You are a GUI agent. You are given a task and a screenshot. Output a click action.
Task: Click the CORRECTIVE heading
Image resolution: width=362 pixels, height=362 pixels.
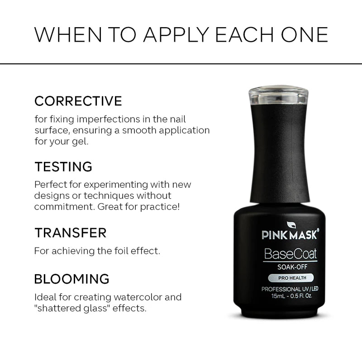pos(78,100)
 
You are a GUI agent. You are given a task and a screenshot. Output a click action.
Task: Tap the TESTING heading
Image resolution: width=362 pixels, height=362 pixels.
pos(63,167)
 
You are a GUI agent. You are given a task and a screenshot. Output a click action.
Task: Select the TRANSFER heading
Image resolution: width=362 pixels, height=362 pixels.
pos(71,233)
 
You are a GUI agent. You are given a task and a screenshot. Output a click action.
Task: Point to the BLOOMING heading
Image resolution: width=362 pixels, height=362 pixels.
pos(72,278)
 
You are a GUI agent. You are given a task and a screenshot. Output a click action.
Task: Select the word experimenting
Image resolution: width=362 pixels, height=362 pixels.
pos(114,185)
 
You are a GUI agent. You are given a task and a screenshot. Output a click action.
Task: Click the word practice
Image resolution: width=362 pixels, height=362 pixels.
pos(161,207)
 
